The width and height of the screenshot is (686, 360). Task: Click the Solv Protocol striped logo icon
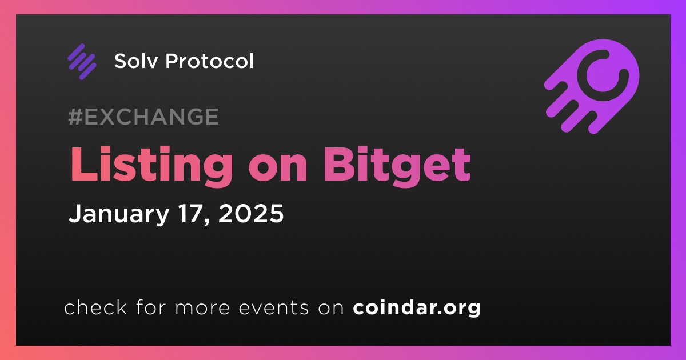[82, 62]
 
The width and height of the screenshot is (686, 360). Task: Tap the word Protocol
[209, 61]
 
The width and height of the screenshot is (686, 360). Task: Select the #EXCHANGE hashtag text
[143, 117]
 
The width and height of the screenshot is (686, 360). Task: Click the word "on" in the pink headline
[278, 170]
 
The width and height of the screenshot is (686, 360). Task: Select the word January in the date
[119, 214]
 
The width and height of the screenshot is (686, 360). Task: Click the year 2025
[251, 213]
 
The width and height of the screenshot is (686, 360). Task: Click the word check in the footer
[95, 307]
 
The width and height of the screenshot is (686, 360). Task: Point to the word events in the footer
[273, 308]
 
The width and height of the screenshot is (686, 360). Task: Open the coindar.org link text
[417, 308]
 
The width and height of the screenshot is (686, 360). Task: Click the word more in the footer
[202, 308]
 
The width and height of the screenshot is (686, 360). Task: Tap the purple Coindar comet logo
[592, 87]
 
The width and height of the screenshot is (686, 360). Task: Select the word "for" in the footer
[151, 307]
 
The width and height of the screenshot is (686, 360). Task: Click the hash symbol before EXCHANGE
[75, 117]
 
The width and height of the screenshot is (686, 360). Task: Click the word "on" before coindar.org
[331, 308]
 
